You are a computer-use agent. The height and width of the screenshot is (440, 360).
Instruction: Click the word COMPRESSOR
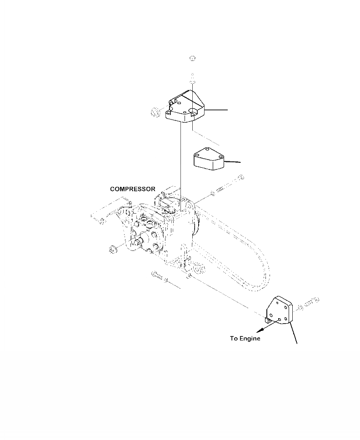(133, 189)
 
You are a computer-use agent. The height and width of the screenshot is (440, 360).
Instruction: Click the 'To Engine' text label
(245, 339)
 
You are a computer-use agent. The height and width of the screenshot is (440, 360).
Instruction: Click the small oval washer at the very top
(192, 58)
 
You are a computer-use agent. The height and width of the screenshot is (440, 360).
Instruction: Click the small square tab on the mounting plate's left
(268, 320)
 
